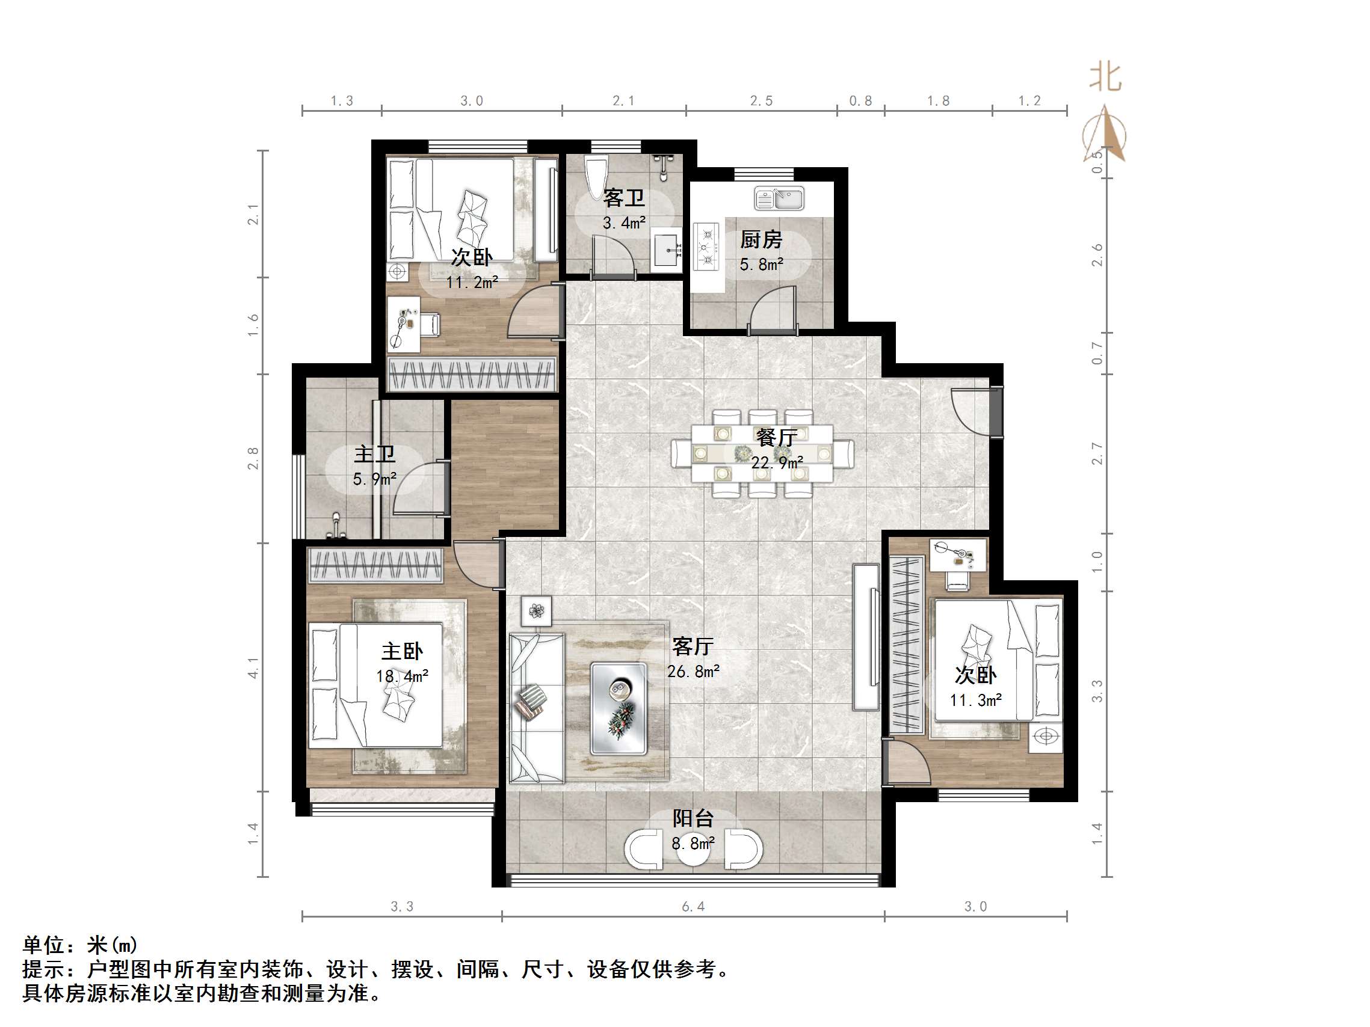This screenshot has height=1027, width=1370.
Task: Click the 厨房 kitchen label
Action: coord(761,239)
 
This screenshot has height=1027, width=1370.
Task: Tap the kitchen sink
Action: coord(779,198)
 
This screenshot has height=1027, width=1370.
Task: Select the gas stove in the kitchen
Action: coord(706,247)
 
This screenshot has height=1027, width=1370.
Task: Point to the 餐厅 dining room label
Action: coord(777,438)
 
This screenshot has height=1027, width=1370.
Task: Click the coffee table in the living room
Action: coord(619,708)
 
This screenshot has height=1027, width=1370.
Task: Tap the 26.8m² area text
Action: coord(693,672)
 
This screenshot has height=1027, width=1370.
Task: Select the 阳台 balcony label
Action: coord(693,818)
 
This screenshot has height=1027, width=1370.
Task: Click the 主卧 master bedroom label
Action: coord(402,651)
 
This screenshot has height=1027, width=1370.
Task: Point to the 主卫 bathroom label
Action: coord(374,455)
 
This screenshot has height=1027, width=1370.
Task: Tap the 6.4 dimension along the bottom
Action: coord(693,907)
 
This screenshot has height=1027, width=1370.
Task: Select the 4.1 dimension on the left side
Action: coord(253,667)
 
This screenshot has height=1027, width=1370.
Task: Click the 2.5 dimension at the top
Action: coord(761,101)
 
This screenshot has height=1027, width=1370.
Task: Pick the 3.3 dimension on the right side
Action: coord(1097,691)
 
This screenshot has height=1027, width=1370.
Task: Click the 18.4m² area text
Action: coord(402,676)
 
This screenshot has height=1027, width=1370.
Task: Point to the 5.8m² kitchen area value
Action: coord(761,265)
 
